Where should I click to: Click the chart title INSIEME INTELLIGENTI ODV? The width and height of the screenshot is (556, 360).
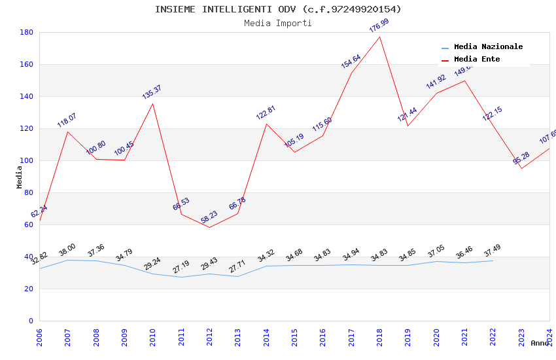(x=278, y=9)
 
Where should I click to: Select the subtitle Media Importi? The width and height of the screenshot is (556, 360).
(x=278, y=24)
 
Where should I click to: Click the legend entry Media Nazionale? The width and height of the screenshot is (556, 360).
(x=488, y=47)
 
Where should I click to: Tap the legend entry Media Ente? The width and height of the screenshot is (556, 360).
(x=477, y=60)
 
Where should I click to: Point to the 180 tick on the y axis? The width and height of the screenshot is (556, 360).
(x=27, y=32)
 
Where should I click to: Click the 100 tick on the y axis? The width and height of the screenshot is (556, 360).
(x=27, y=160)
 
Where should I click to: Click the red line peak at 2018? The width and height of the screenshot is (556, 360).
(x=379, y=37)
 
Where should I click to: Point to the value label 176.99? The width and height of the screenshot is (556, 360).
(x=379, y=26)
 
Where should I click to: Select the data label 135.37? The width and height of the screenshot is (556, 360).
(x=152, y=92)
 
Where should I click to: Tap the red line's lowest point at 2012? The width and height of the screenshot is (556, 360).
(x=209, y=227)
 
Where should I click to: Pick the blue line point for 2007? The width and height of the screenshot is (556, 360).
(x=67, y=260)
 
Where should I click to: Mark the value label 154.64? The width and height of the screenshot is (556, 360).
(x=351, y=62)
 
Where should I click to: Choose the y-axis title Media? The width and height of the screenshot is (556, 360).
(x=20, y=177)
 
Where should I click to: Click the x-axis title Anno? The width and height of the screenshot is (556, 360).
(x=540, y=343)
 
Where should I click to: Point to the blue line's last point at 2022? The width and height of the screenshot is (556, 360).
(x=493, y=261)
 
